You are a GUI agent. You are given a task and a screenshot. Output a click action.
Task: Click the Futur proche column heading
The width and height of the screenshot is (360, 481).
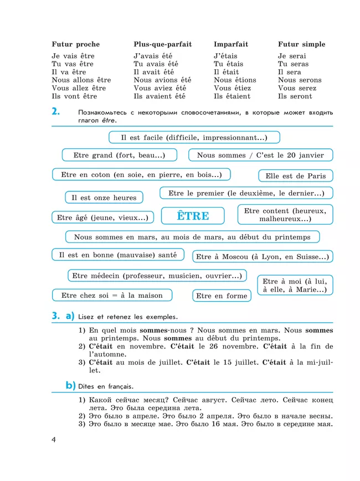[x=76, y=44]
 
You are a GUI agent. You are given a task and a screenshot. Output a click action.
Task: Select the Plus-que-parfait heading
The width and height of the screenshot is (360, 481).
[x=162, y=44]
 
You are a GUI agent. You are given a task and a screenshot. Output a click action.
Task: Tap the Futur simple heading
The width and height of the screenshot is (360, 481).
[x=301, y=44]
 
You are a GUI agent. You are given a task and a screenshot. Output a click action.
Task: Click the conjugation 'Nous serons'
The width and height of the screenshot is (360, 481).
[x=300, y=80]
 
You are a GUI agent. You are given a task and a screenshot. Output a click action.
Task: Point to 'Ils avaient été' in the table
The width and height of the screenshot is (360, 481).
[x=160, y=96]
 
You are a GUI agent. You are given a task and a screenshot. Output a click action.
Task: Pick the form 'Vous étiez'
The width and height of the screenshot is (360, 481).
[x=232, y=88]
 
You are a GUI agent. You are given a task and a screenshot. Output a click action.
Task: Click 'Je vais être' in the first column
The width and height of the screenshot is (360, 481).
[x=73, y=56]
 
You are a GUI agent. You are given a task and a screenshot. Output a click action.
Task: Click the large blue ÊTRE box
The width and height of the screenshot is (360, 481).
[x=193, y=216]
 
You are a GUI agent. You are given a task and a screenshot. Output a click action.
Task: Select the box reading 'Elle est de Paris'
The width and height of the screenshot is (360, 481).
[x=295, y=176]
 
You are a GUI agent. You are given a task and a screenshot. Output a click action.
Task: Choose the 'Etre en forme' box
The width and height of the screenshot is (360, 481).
[x=222, y=296]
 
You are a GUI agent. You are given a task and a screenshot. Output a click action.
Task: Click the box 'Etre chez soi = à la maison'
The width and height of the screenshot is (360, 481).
[x=112, y=296]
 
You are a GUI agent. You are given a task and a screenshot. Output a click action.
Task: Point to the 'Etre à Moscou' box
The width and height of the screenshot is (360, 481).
[x=263, y=257]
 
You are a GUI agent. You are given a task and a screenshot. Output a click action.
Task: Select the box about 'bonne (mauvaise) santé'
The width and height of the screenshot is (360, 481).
[x=118, y=255]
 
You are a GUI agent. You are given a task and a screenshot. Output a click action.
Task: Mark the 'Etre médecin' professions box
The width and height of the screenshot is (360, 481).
[x=157, y=276]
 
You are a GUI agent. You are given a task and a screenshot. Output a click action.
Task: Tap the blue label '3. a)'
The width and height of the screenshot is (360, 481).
[x=63, y=317]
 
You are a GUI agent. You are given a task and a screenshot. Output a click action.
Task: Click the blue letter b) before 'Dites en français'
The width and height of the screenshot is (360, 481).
[x=70, y=385]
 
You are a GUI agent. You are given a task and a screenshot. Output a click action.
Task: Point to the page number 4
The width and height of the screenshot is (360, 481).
[x=54, y=439]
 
